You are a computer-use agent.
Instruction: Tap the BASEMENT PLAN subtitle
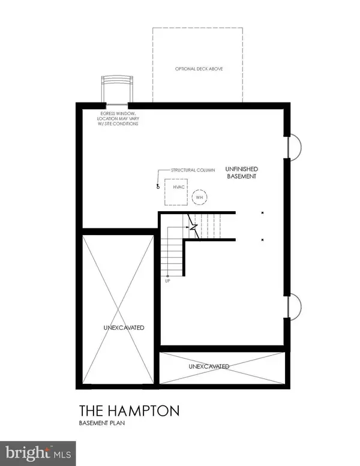coord(106,424)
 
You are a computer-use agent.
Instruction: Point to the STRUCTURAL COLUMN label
coord(193,170)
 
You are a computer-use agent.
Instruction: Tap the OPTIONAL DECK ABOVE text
coord(198,69)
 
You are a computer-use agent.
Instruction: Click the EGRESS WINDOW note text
coord(119,119)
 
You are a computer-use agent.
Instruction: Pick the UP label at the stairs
coord(167,280)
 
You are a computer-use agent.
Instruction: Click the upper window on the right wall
coord(294,146)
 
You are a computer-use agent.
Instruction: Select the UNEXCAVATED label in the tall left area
coord(119,327)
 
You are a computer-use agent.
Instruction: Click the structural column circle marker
coord(158,185)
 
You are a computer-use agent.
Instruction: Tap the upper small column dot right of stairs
coord(263,213)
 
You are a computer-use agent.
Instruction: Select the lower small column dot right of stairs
coord(263,239)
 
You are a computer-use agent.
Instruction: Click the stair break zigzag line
coord(193,226)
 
